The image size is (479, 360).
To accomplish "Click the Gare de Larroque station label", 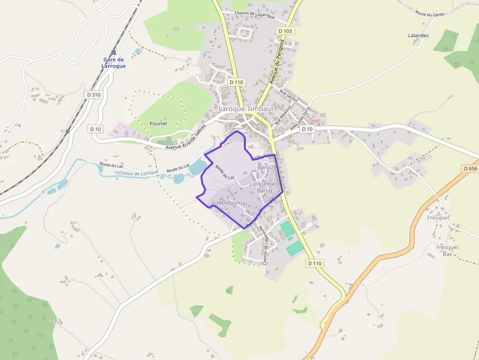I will (x=113, y=63).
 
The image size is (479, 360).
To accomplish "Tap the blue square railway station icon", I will (x=113, y=53).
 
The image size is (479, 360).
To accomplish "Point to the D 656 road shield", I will (x=469, y=168).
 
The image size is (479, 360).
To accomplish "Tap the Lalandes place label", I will (x=418, y=35).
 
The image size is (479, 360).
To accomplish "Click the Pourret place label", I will (x=158, y=124).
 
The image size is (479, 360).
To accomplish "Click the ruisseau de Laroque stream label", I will (x=136, y=172).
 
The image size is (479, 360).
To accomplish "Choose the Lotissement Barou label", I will (x=264, y=187).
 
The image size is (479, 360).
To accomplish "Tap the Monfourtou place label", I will (x=232, y=203).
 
